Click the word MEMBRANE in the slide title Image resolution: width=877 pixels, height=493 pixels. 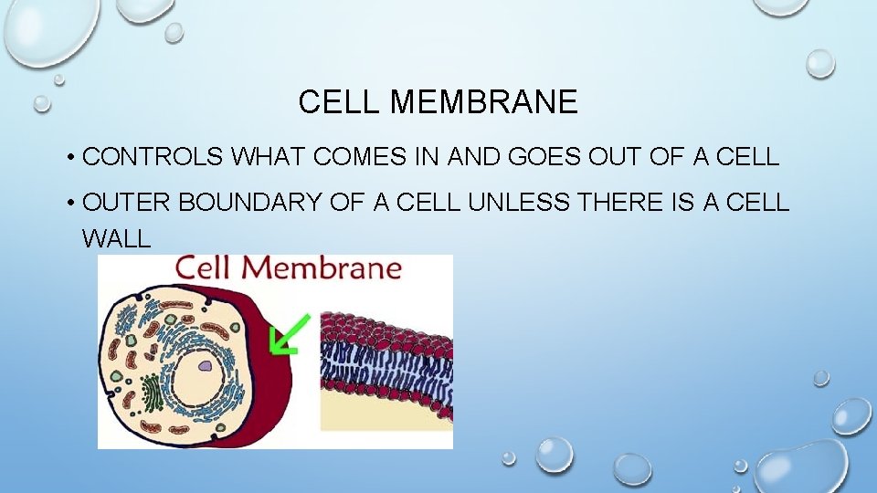click(484, 102)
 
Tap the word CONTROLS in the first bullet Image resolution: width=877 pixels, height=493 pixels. click(153, 157)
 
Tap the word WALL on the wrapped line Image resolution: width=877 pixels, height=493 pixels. click(116, 239)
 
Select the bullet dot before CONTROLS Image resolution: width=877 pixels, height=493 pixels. click(69, 158)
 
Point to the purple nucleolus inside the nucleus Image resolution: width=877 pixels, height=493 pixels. click(206, 367)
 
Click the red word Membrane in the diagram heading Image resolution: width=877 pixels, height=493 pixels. click(327, 268)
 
